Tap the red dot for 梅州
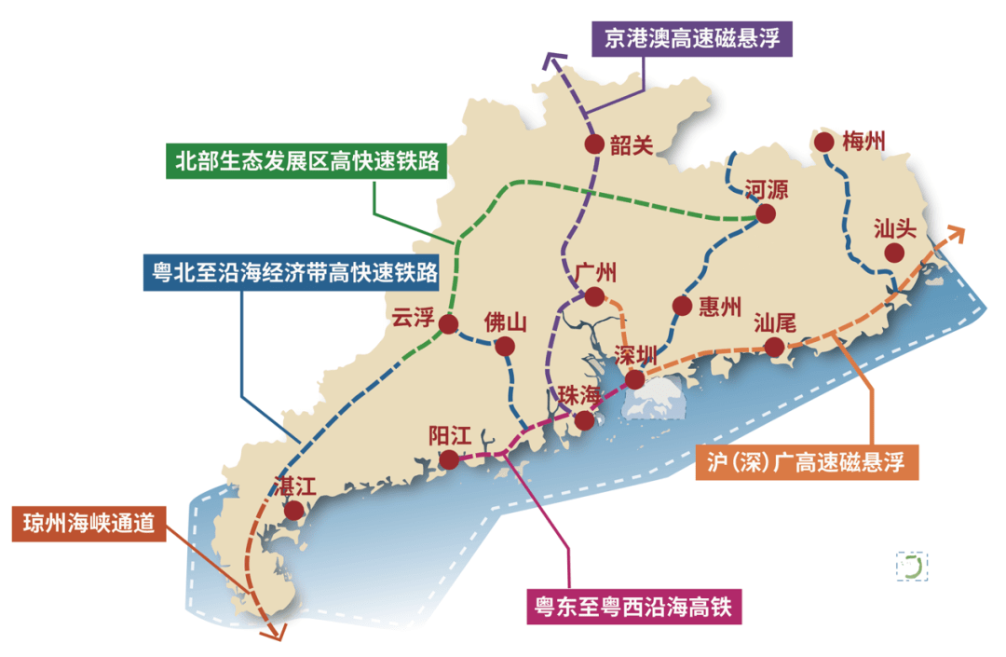823,142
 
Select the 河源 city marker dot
765,213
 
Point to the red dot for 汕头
894,253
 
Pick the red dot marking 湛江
294,511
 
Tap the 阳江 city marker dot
449,459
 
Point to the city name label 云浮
414,318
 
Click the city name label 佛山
506,323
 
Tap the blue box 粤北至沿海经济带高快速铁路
293,273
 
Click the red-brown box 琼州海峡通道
88,525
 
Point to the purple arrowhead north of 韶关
551,62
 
